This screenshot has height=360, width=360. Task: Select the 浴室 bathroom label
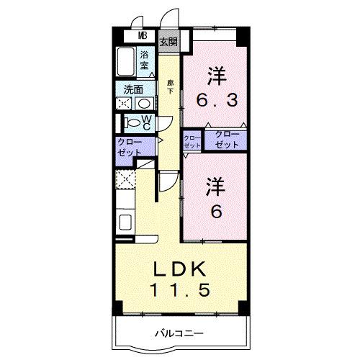(x=145, y=60)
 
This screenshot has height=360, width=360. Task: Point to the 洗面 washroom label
(x=132, y=91)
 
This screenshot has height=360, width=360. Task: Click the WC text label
(x=145, y=123)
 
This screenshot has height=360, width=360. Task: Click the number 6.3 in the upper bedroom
(x=214, y=102)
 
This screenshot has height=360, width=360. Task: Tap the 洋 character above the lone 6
(x=215, y=186)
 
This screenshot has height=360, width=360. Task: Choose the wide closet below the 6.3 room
(x=225, y=140)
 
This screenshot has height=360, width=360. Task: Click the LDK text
(x=181, y=270)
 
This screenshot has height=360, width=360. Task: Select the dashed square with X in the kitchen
(x=125, y=179)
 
